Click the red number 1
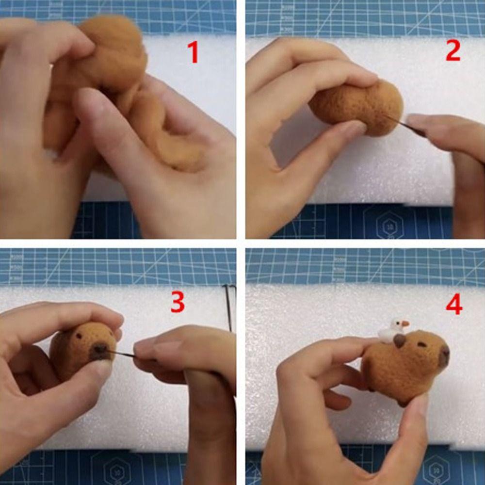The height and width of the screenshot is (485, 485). click(194, 52)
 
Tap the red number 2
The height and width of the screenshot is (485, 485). click(453, 51)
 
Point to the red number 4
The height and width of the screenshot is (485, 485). click(454, 305)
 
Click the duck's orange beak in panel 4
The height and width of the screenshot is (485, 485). click(405, 323)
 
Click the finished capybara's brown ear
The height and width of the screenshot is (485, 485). click(400, 341)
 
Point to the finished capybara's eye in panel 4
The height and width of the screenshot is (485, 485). click(422, 345)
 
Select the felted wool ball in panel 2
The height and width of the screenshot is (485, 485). click(356, 107)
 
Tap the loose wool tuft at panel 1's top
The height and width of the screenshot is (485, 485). click(114, 34)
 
